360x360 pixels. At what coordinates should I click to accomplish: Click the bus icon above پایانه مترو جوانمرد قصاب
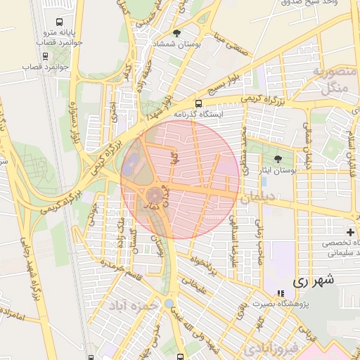click(57, 22)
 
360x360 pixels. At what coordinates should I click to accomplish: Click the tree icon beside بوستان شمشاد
click(176, 33)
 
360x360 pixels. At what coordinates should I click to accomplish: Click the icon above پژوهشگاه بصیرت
click(281, 293)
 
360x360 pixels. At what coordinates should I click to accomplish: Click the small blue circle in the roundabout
click(169, 303)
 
